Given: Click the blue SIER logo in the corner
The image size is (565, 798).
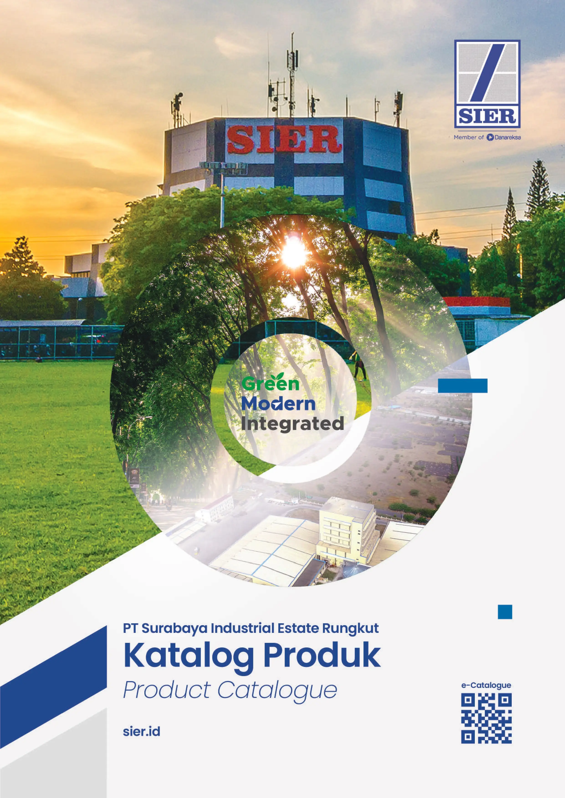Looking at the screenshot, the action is pos(487,84).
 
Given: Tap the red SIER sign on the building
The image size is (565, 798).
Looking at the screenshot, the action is pos(284,139).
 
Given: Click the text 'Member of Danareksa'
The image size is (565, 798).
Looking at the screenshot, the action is pos(487,137).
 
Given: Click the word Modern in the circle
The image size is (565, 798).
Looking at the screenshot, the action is pos(278,404).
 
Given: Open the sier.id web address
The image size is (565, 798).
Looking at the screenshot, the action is pos(142,732).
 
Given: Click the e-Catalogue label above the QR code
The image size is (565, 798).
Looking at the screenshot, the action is pos(486,685).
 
